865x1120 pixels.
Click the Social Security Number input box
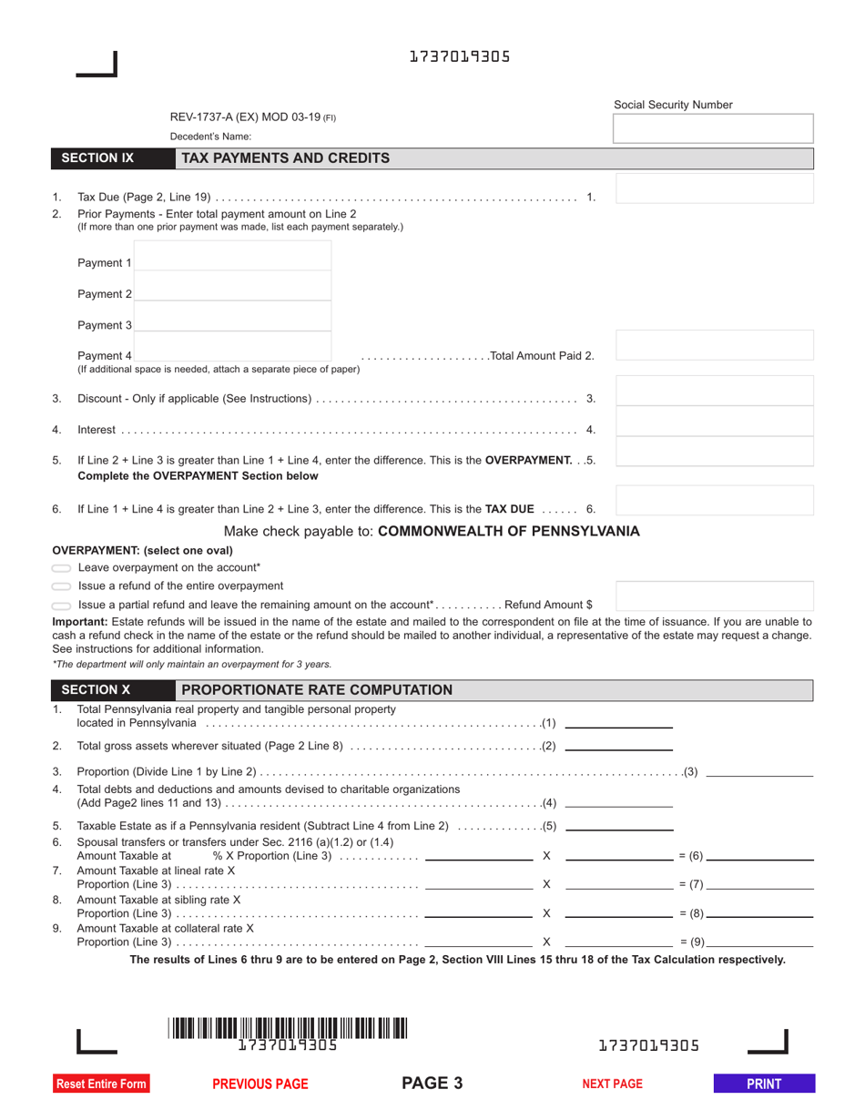click(x=714, y=129)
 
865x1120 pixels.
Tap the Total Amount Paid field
click(x=715, y=346)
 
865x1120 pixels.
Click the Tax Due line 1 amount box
click(x=715, y=188)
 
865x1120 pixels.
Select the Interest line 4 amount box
click(x=715, y=422)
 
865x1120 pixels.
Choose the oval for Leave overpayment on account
click(x=62, y=568)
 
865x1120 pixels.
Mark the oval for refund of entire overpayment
click(x=62, y=586)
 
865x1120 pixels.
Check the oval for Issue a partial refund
click(x=62, y=606)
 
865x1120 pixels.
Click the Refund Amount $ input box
click(x=715, y=596)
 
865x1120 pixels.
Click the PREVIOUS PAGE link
click(x=260, y=1084)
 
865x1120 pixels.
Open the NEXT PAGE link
click(x=612, y=1084)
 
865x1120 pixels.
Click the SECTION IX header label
click(x=97, y=158)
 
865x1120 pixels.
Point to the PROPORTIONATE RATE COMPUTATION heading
click(x=317, y=690)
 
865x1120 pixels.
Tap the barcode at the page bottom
click(x=288, y=1029)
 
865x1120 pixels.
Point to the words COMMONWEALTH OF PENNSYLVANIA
click(x=508, y=531)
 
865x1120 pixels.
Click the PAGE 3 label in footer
click(x=432, y=1083)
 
